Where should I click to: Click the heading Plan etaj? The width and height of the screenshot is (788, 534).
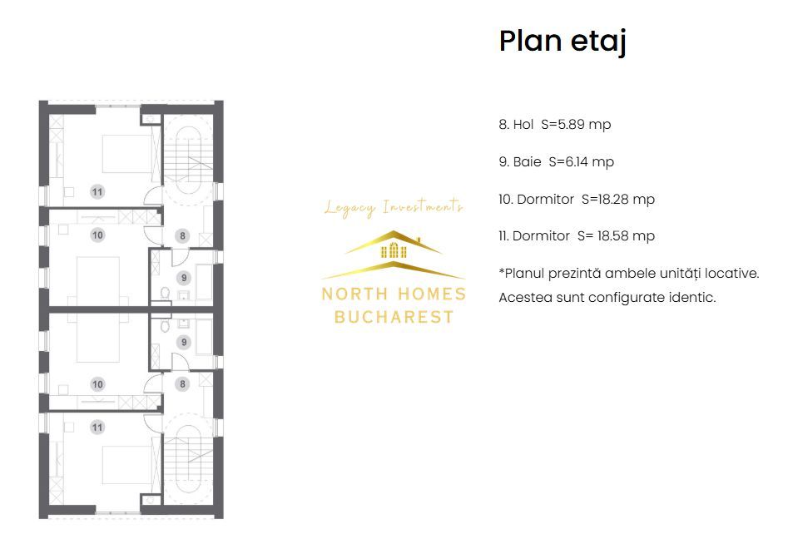[x=562, y=41]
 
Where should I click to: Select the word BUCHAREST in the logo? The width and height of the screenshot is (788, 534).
[x=394, y=317]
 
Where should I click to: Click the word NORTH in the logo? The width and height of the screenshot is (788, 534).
[x=349, y=294]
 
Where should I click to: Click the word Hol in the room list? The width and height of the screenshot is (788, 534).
[x=523, y=125]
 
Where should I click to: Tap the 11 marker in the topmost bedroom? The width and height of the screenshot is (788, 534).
[x=97, y=192]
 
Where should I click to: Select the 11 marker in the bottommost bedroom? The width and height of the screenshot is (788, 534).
[x=97, y=427]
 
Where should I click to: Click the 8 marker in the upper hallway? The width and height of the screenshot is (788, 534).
[x=182, y=235]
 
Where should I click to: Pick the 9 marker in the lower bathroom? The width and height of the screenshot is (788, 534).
[x=182, y=342]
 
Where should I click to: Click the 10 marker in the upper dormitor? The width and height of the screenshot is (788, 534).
[x=97, y=235]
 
